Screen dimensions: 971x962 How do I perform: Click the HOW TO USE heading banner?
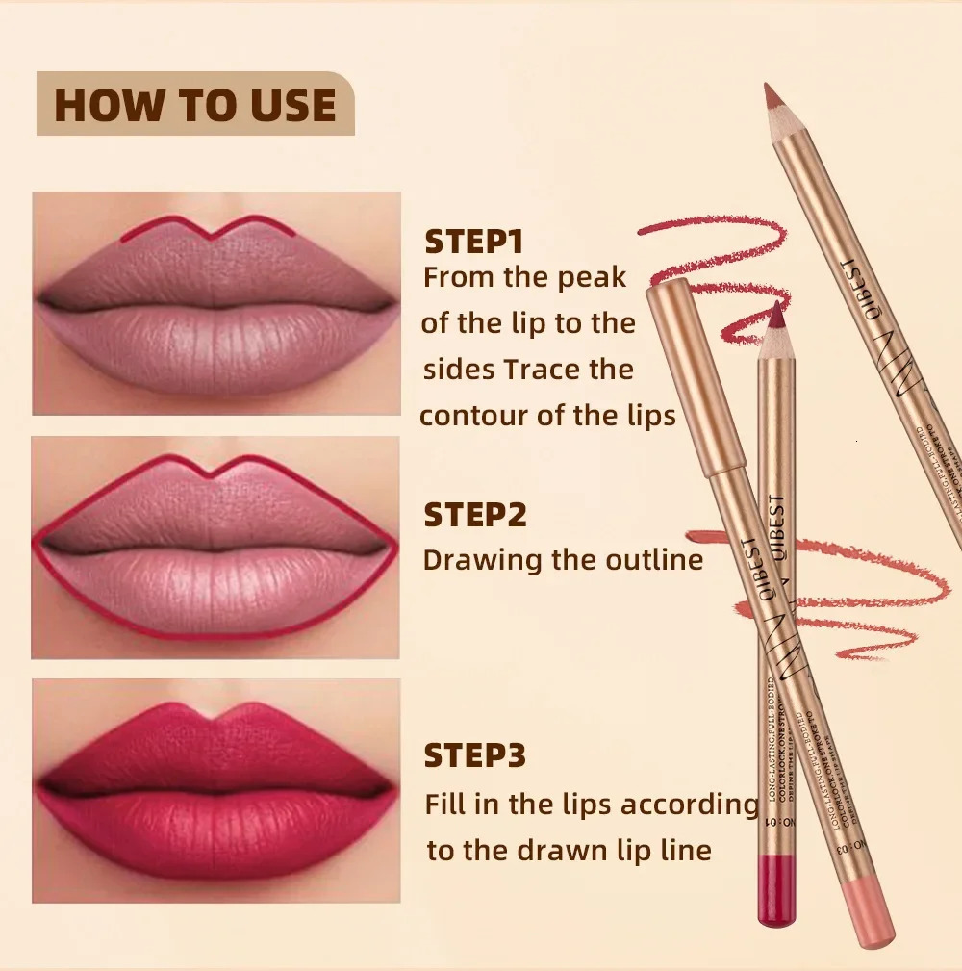click(195, 104)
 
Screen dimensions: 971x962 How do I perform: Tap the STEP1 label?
click(473, 241)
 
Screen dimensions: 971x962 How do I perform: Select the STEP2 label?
click(475, 515)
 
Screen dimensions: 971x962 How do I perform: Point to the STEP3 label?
click(475, 755)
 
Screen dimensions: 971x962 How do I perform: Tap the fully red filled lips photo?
click(215, 790)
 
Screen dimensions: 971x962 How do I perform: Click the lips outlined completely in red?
click(215, 548)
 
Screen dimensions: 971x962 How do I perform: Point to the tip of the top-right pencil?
click(772, 92)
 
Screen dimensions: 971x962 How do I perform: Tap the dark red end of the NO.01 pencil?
click(776, 890)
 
